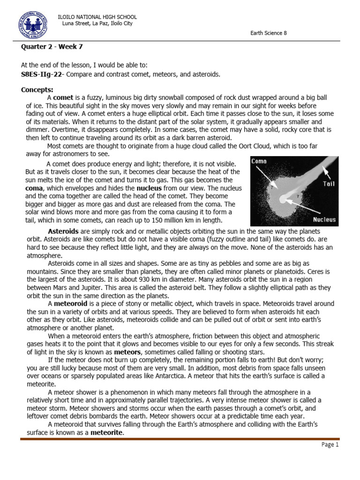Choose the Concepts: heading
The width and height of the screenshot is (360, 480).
pyautogui.click(x=37, y=90)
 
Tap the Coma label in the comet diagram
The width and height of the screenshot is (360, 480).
pyautogui.click(x=259, y=161)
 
